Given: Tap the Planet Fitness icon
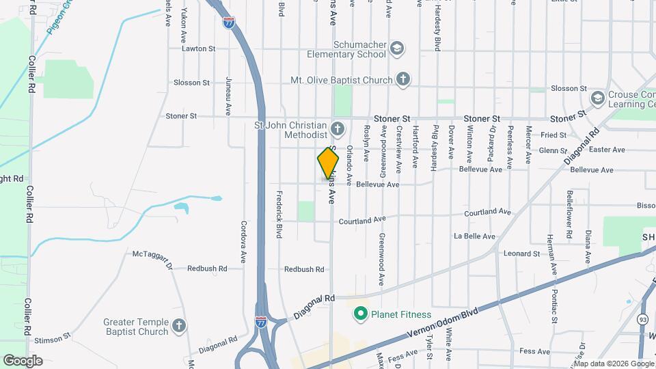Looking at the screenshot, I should pos(359,314).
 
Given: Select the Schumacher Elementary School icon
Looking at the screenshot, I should pos(397,49).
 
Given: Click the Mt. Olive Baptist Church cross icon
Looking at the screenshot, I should pos(403,80).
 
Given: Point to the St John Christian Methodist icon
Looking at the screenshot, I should pos(337,128).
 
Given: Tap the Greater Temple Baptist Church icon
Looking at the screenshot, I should pos(179,326).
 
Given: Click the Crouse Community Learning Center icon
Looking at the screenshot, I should pos(598,98).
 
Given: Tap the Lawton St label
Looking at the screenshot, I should pos(198,49).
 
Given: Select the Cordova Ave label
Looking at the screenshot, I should pos(243,242).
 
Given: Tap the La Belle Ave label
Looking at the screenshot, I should pos(474,236).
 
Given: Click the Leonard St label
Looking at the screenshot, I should pos(521,254).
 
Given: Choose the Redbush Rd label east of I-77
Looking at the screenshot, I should pos(304,269).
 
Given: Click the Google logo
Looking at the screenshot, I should pos(23,360).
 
